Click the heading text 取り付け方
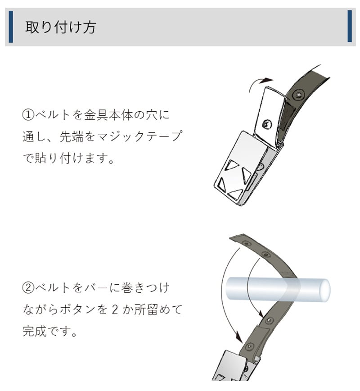[61, 27]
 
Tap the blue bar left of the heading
[11, 27]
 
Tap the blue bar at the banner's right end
[350, 26]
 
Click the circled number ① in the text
[28, 115]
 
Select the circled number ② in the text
[28, 288]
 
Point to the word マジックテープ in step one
[139, 136]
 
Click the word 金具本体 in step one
[108, 115]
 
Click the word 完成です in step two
[47, 332]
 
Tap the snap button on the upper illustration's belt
[298, 95]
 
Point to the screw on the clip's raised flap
[267, 124]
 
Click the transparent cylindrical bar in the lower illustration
[278, 290]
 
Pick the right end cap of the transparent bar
[324, 290]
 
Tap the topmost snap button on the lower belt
[247, 243]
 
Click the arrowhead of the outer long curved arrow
[238, 338]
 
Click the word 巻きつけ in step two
[145, 288]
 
